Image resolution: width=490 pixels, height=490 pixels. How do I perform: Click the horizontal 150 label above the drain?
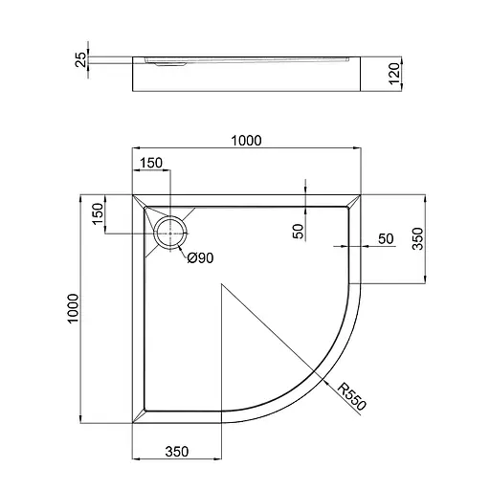point(150,163)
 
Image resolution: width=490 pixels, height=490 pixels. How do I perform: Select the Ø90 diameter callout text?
point(199,257)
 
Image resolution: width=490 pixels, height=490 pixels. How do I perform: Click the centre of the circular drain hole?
point(171,232)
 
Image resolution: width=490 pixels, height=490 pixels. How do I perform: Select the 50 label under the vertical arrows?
point(297,231)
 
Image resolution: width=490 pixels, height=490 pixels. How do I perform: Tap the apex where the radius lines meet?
point(222,283)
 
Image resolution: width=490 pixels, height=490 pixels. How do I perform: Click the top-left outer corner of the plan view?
point(131,194)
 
